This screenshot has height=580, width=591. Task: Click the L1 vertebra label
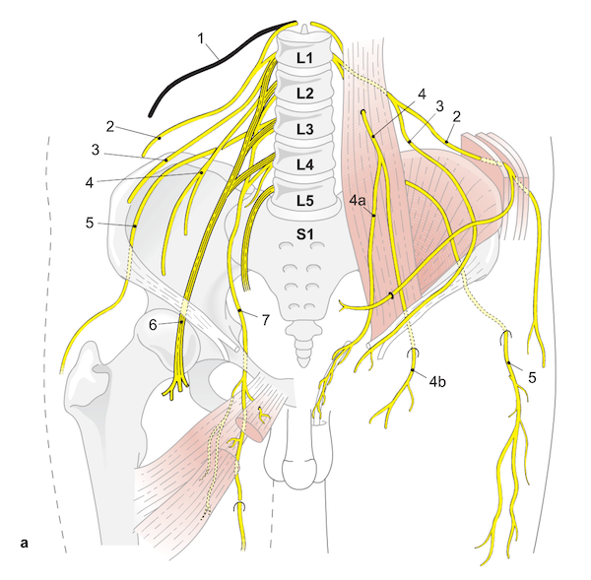tap(304, 59)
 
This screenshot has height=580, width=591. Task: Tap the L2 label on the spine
tap(304, 95)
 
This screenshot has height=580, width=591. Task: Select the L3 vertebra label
tap(304, 129)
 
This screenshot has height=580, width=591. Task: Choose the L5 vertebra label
tap(304, 200)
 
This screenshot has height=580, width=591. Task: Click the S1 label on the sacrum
tap(304, 234)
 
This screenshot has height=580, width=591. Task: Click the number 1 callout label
tap(201, 40)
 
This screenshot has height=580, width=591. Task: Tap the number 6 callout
tap(154, 323)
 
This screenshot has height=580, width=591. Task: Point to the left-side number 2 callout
tap(110, 126)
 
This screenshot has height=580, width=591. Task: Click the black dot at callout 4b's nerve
tap(413, 370)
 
